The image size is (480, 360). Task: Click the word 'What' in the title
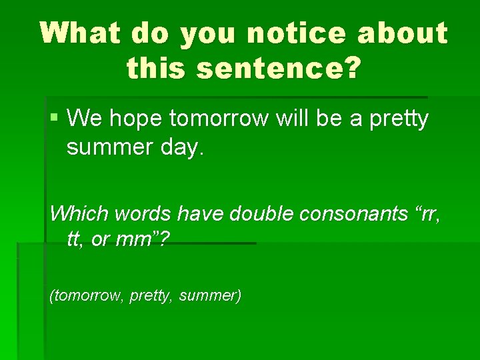(81, 33)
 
